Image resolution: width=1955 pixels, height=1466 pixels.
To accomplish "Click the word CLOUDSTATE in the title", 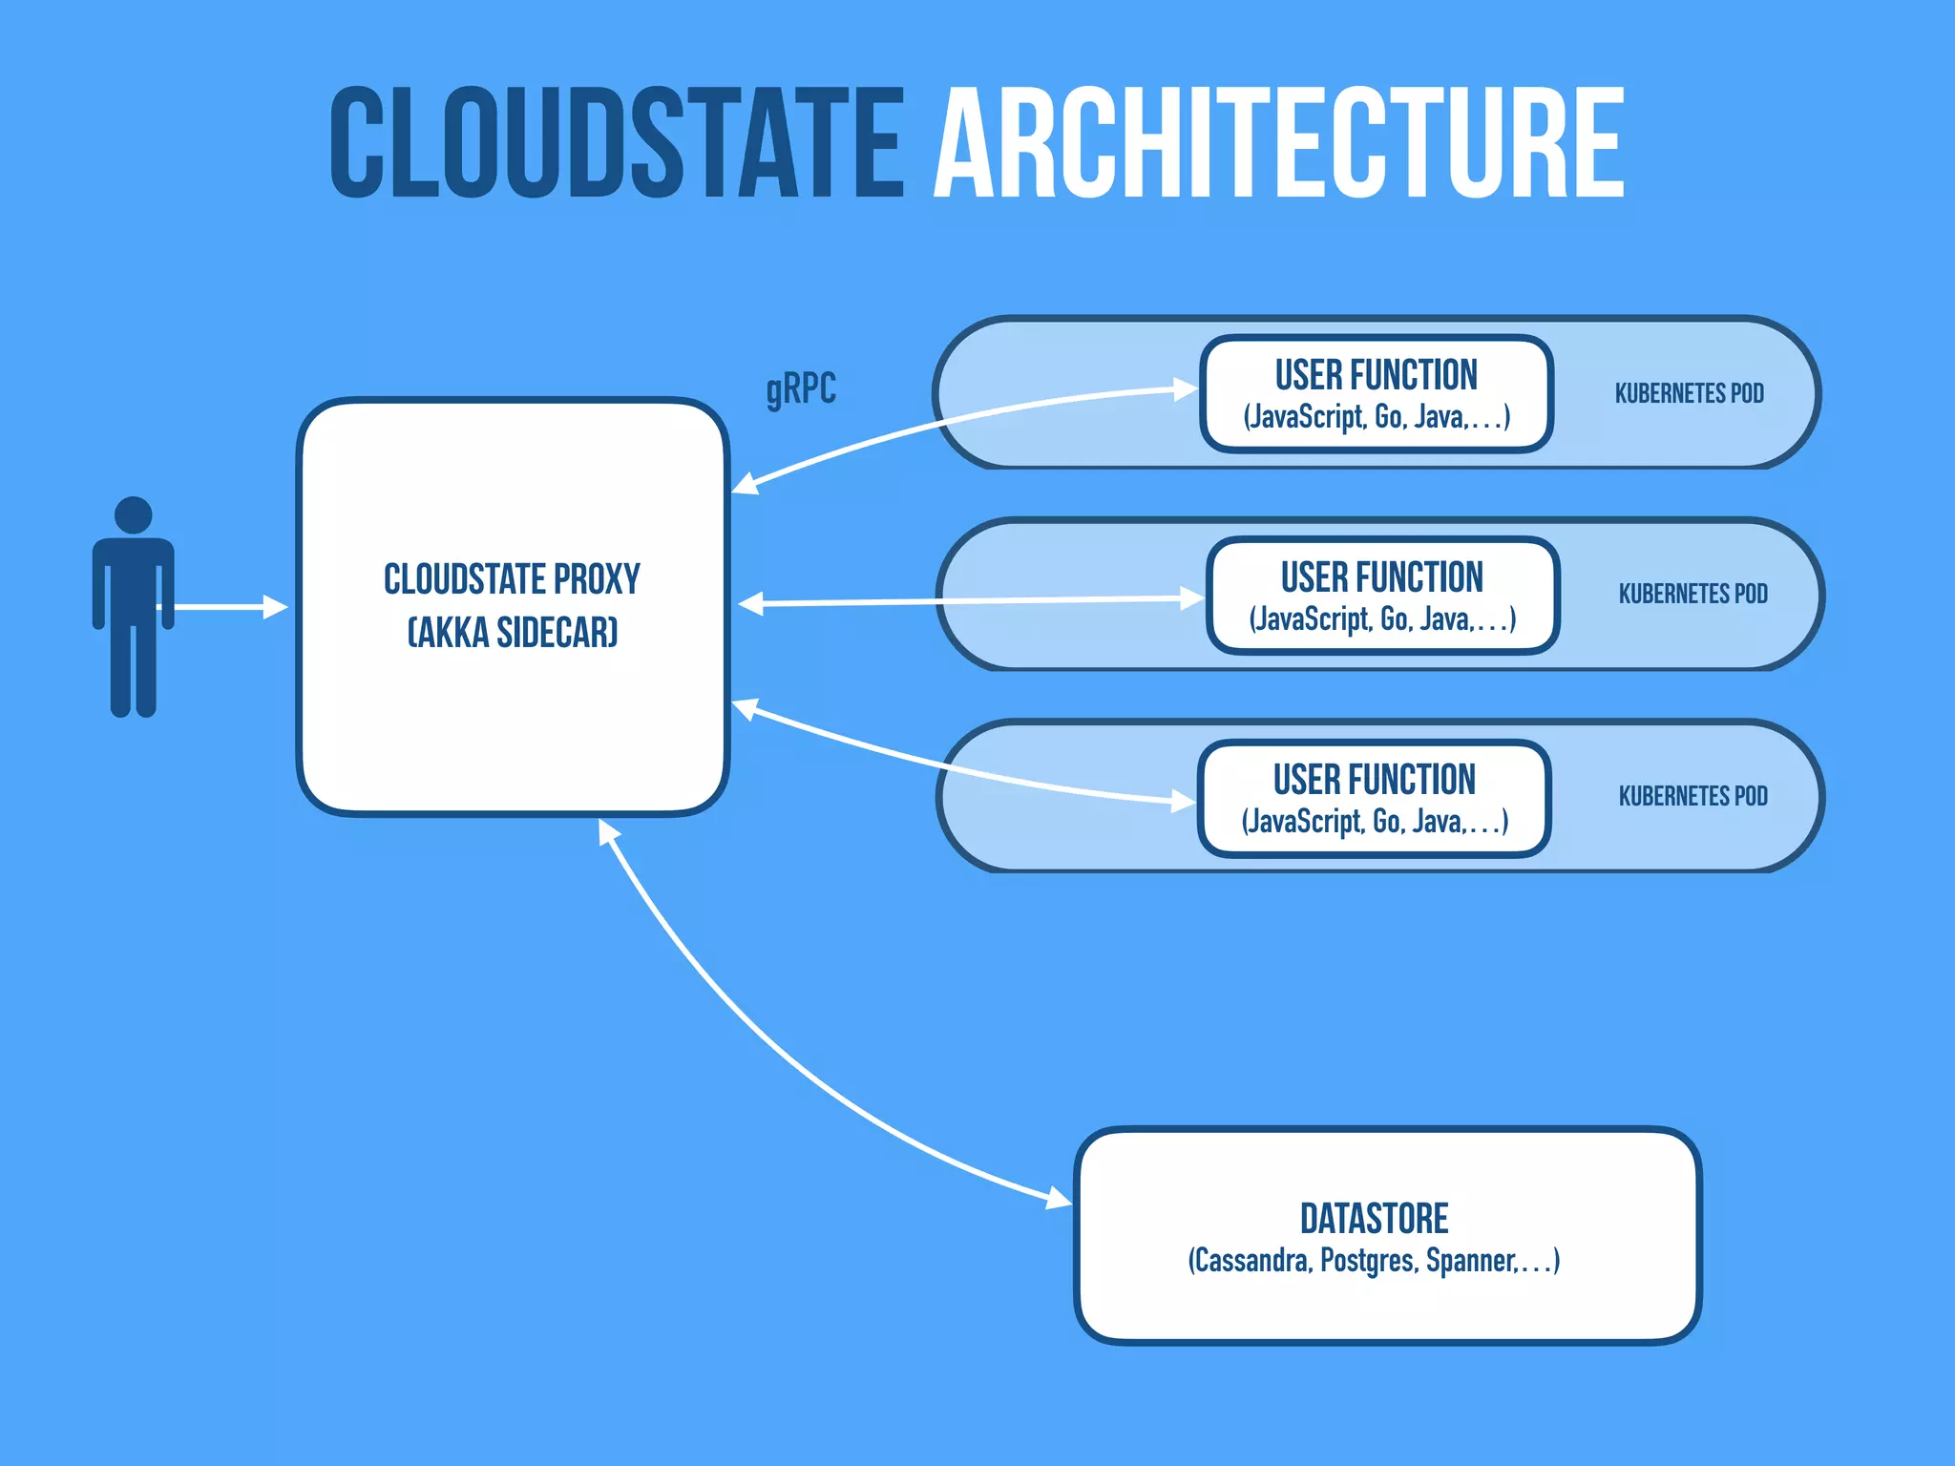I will pyautogui.click(x=616, y=143).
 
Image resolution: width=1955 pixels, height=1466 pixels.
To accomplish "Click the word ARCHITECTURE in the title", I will pyautogui.click(x=1279, y=143).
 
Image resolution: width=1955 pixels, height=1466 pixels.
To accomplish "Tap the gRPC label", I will pyautogui.click(x=801, y=388).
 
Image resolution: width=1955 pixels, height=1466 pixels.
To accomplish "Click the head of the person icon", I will pyautogui.click(x=133, y=515).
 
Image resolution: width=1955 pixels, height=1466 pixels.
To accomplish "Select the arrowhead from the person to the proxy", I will pyautogui.click(x=276, y=607).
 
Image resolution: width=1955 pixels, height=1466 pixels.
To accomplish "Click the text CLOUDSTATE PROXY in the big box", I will pyautogui.click(x=512, y=579).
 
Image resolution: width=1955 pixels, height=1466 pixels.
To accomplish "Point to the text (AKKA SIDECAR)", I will pyautogui.click(x=513, y=633).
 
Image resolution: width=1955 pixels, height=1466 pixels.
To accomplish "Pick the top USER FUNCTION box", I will pyautogui.click(x=1376, y=393).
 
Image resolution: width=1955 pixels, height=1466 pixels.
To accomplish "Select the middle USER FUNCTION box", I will pyautogui.click(x=1381, y=596).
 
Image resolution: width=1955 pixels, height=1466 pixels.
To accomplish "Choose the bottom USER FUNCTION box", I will pyautogui.click(x=1374, y=798).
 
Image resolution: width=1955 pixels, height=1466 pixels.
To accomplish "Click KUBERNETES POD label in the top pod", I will pyautogui.click(x=1689, y=393).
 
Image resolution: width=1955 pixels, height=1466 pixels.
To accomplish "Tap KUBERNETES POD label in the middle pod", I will pyautogui.click(x=1692, y=594).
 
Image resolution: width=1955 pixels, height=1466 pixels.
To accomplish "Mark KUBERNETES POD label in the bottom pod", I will pyautogui.click(x=1692, y=796).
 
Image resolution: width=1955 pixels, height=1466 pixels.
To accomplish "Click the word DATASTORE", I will pyautogui.click(x=1374, y=1219).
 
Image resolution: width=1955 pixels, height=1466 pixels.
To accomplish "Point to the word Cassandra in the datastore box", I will pyautogui.click(x=1250, y=1261).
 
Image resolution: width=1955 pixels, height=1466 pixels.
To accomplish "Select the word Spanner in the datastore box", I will pyautogui.click(x=1470, y=1261).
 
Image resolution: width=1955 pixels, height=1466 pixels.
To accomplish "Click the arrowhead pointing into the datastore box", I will pyautogui.click(x=1060, y=1199).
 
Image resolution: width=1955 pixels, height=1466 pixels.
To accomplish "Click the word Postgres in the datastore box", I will pyautogui.click(x=1369, y=1261).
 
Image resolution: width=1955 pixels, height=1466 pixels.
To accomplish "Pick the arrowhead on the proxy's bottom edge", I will pyautogui.click(x=607, y=831).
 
